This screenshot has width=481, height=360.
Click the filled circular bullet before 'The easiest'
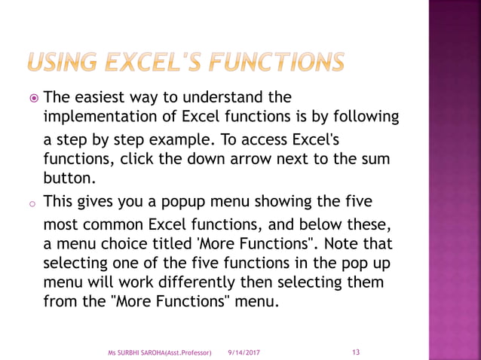33,98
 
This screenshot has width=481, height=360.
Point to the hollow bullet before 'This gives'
33,204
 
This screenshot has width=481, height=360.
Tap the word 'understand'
236,98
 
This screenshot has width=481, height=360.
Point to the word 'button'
69,178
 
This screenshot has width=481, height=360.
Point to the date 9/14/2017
244,352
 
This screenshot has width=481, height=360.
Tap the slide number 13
357,351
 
